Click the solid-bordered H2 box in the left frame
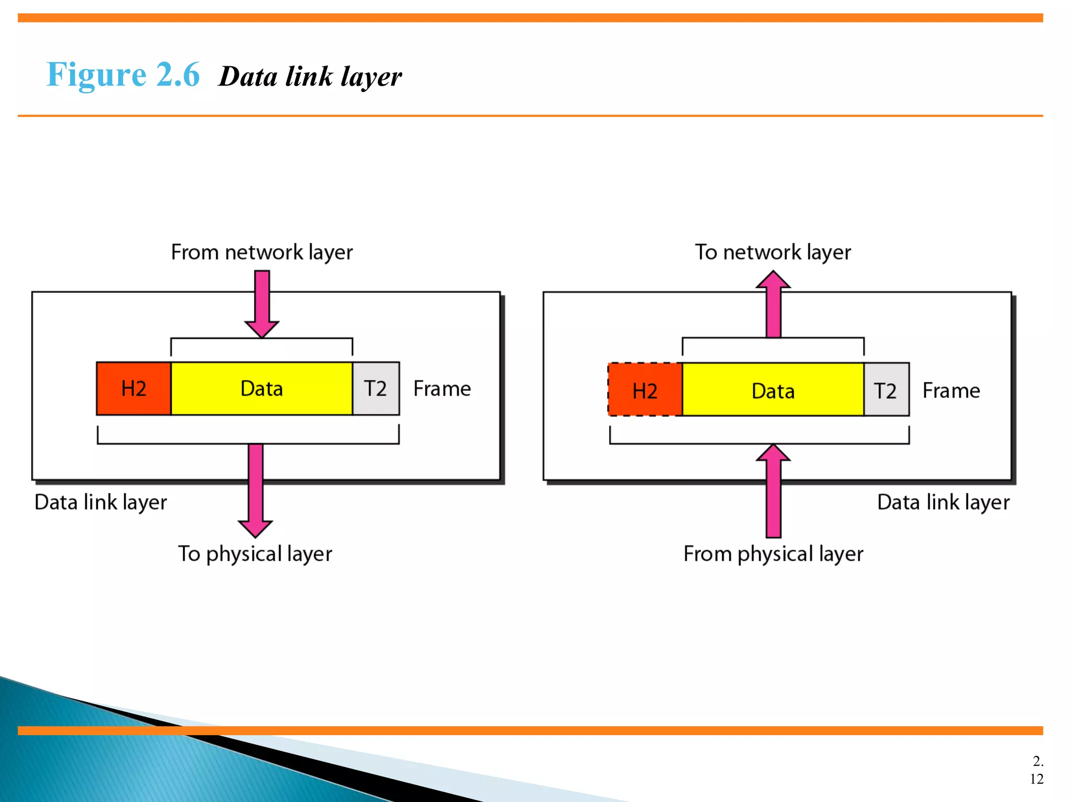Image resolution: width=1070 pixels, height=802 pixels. [134, 389]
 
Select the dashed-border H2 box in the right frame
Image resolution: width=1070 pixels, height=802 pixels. [645, 390]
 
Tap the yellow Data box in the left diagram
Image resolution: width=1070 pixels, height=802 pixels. [262, 389]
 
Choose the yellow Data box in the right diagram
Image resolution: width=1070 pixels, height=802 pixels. [773, 390]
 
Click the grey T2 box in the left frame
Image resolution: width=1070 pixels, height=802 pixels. [376, 389]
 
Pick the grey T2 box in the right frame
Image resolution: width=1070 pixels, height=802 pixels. [886, 390]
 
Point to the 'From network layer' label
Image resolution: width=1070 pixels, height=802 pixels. [262, 252]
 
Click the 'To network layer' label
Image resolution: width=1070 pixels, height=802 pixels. [773, 252]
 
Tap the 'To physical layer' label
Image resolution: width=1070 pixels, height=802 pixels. [255, 554]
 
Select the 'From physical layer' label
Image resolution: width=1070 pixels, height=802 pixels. [773, 554]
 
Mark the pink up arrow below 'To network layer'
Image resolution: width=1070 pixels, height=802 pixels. [773, 305]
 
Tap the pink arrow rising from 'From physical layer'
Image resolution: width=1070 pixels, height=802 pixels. [773, 491]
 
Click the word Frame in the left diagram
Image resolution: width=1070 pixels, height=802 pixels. [442, 389]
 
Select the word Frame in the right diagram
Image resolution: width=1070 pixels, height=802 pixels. [951, 391]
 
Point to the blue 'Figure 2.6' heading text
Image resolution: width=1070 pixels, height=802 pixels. [123, 75]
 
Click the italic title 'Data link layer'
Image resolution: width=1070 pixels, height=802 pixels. [310, 77]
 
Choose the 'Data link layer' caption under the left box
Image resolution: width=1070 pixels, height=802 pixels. [101, 502]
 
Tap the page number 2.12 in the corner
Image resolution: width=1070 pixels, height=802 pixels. [1037, 770]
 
